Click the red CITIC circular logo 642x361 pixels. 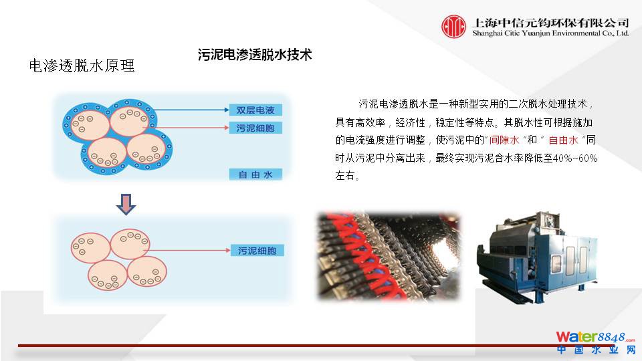(453, 27)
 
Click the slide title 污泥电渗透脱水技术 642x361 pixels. (255, 54)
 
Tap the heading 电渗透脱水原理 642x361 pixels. (82, 66)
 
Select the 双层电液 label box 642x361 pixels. (255, 110)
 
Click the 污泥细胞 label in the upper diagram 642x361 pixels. (255, 128)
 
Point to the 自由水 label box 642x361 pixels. (255, 174)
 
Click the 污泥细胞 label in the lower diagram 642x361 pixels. (257, 251)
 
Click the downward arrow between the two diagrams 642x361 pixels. (126, 205)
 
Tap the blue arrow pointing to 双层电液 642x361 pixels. (191, 110)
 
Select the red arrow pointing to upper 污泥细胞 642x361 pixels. (186, 128)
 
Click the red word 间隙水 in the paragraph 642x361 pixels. (504, 140)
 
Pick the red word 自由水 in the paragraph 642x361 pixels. (563, 140)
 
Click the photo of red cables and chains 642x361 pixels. (389, 257)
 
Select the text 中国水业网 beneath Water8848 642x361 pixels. (596, 350)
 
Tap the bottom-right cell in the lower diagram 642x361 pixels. (147, 271)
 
